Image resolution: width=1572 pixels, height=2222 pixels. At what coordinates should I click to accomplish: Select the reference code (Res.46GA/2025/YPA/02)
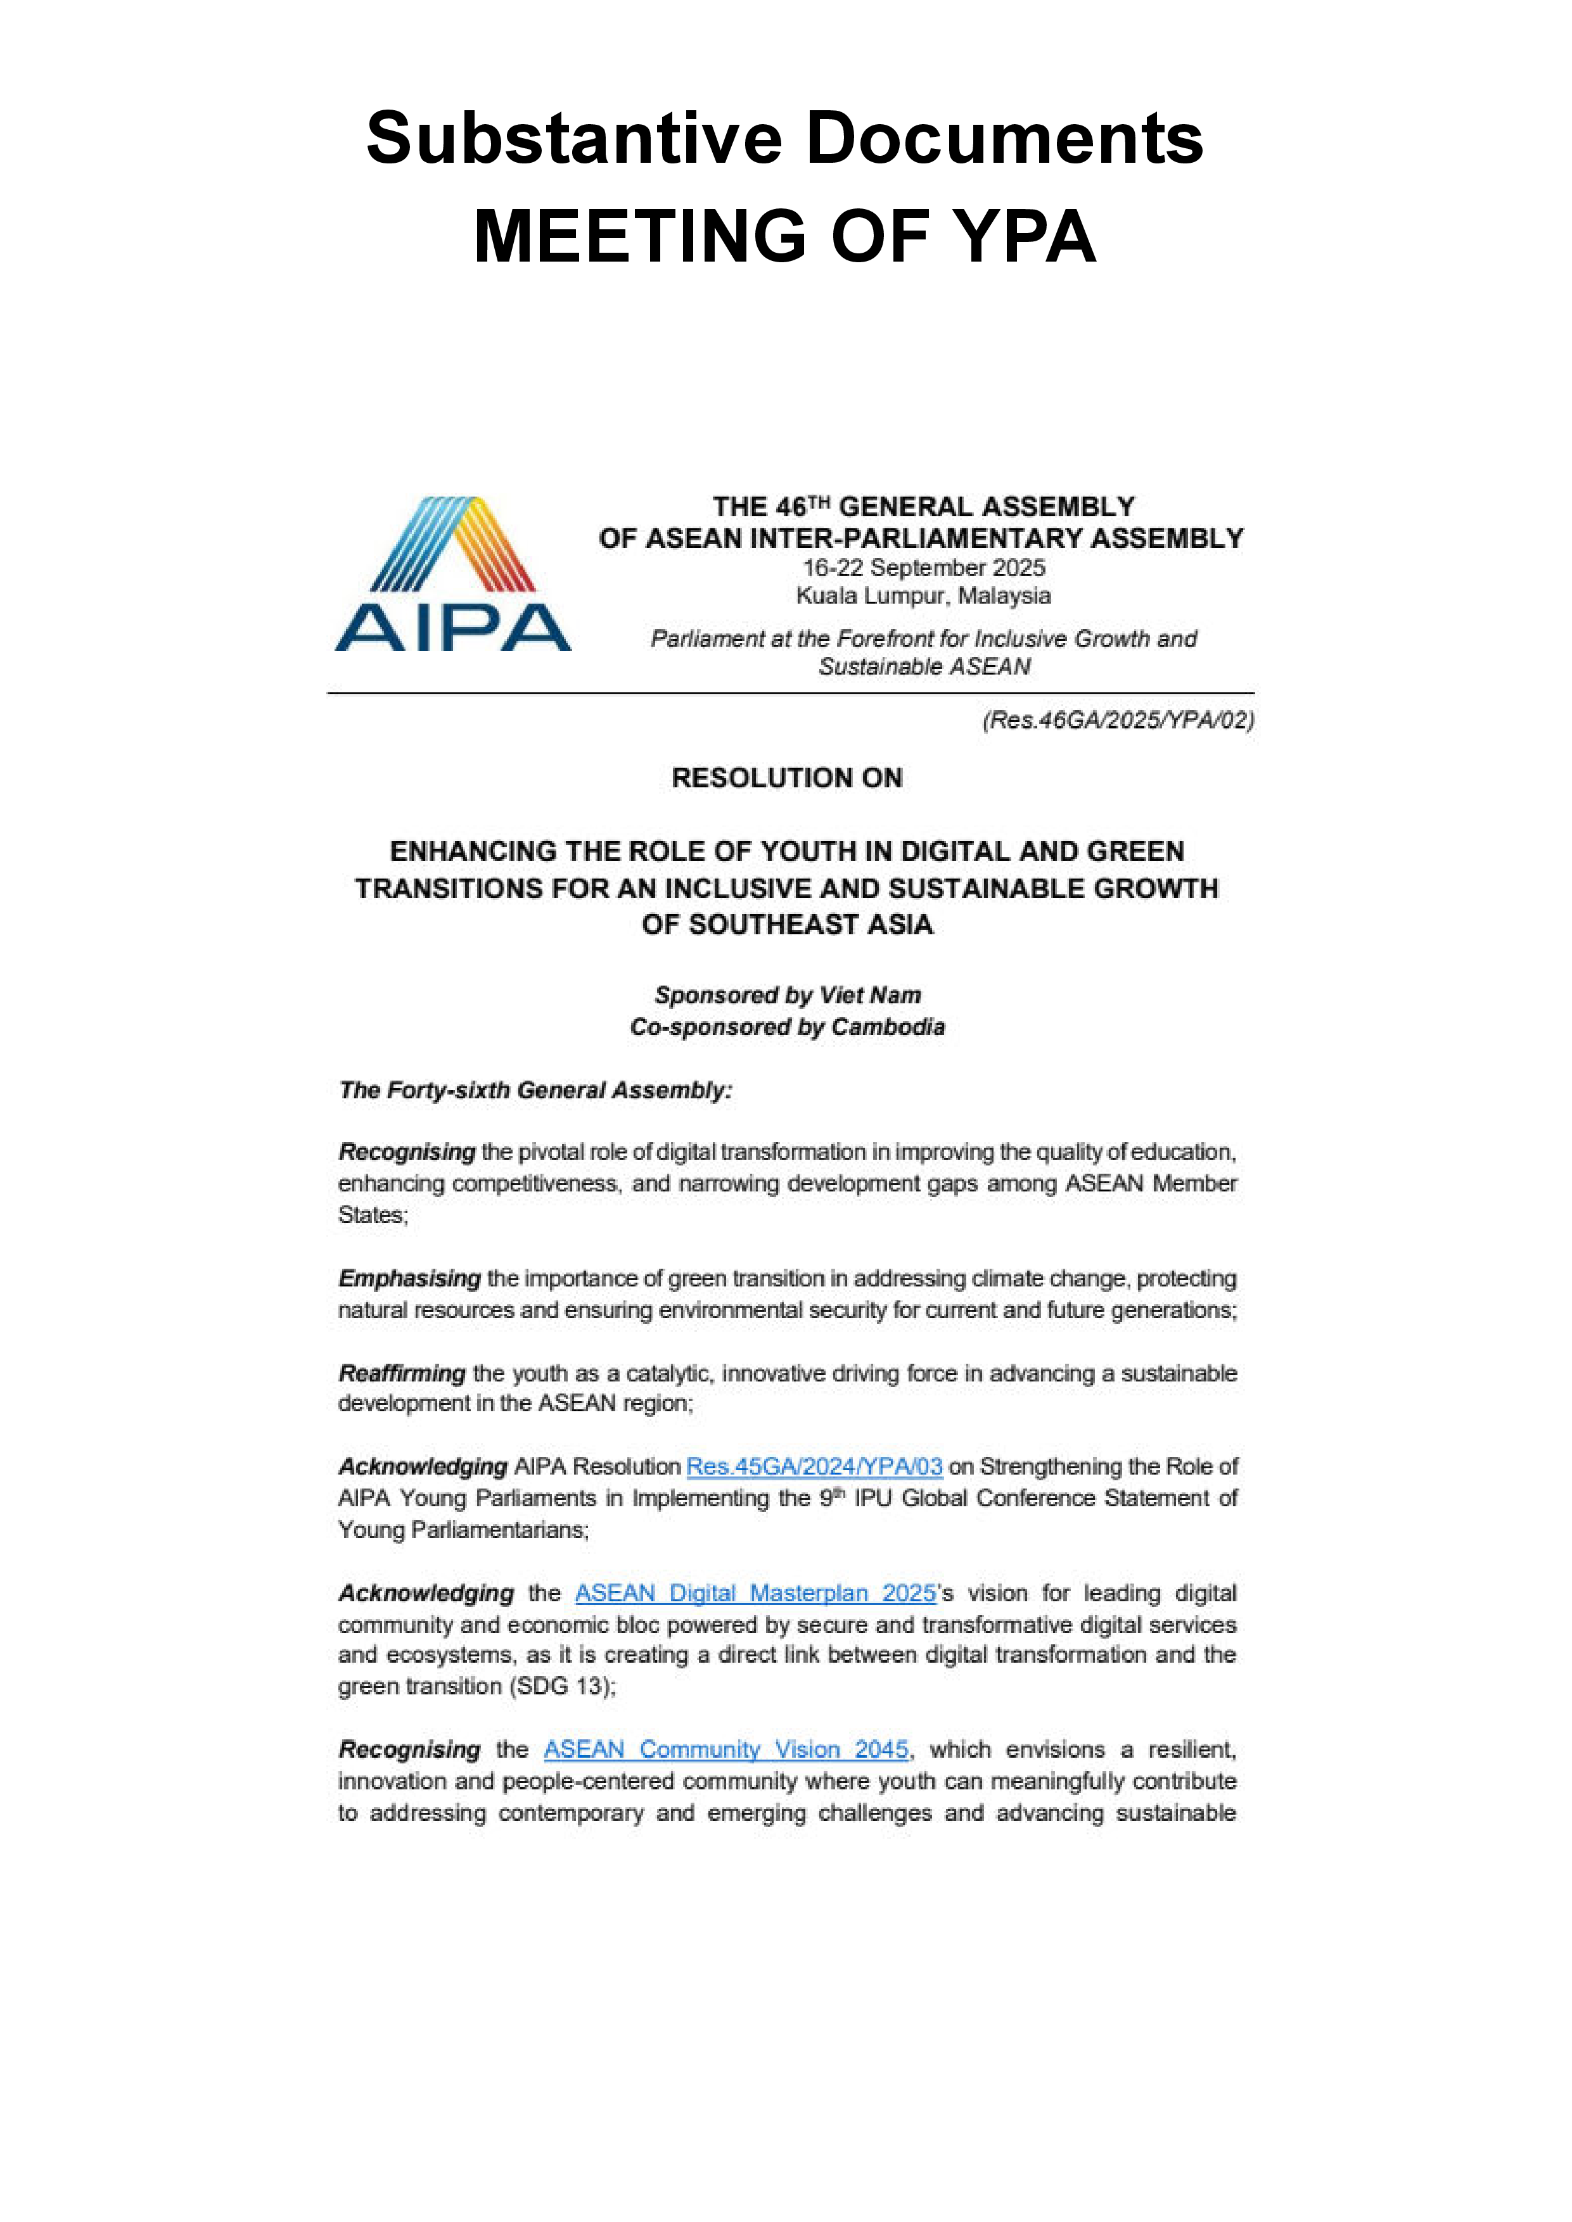[x=1118, y=720]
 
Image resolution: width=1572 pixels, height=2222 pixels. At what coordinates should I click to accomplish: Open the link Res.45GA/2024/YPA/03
[x=814, y=1466]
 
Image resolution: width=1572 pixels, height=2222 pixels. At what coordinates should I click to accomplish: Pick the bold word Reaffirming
[x=402, y=1373]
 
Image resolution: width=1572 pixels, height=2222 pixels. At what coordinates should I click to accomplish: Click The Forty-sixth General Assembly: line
[x=535, y=1091]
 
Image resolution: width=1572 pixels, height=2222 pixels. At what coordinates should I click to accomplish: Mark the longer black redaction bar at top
[x=784, y=136]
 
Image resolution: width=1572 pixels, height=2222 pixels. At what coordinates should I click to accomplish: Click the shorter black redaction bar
[x=785, y=234]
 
